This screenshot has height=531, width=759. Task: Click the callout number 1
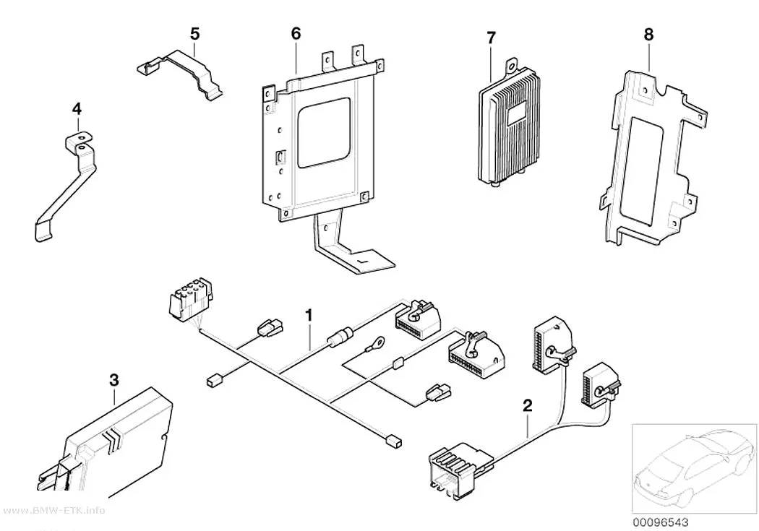click(x=309, y=316)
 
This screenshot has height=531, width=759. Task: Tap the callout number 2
click(x=528, y=405)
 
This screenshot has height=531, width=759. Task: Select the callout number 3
click(x=113, y=380)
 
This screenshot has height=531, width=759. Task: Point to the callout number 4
click(x=77, y=109)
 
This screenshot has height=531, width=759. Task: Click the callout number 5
click(x=194, y=34)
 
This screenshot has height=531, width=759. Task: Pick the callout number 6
click(x=296, y=33)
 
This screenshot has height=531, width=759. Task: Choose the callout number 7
click(x=492, y=38)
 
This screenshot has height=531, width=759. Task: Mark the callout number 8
click(x=648, y=35)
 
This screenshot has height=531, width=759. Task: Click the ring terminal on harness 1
click(x=376, y=344)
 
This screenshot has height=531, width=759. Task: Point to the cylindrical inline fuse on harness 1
click(x=337, y=337)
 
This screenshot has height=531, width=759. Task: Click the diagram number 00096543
click(x=661, y=522)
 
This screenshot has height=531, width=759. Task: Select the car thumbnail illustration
click(x=694, y=468)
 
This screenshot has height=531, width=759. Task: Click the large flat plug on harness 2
click(x=460, y=469)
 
